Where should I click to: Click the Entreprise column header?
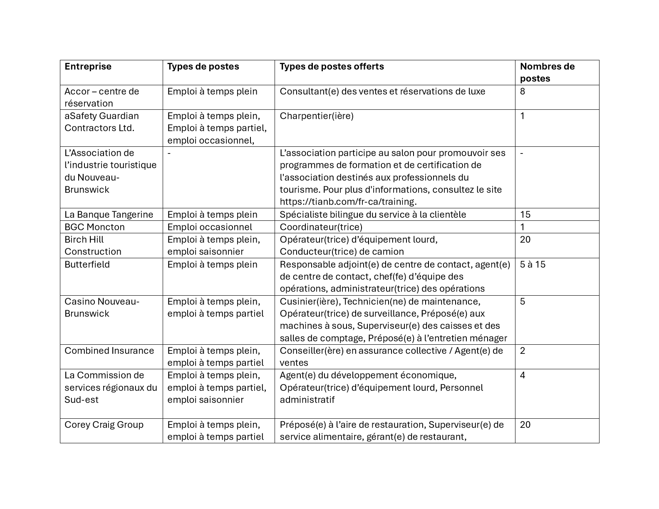coord(88,67)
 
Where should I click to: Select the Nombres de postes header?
coord(547,72)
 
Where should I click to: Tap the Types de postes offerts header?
coord(332,67)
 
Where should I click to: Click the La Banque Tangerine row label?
coord(109,215)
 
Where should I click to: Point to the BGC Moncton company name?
coord(94,227)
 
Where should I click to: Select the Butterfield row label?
coord(87,264)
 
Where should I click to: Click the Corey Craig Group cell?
coord(104,425)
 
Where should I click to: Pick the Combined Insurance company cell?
coord(109,351)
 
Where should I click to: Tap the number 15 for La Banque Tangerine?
coord(525,215)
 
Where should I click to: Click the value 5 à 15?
coord(533,264)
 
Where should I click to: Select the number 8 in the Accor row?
coord(523,91)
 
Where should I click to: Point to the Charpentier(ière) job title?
coord(316,116)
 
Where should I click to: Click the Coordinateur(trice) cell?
coord(321,227)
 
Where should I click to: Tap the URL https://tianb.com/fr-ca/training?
coord(348,202)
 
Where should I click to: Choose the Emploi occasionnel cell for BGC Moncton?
coord(209,227)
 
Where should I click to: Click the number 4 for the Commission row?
coord(523,376)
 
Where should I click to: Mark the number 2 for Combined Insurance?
coord(523,351)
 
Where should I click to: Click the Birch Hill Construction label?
coord(93,245)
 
